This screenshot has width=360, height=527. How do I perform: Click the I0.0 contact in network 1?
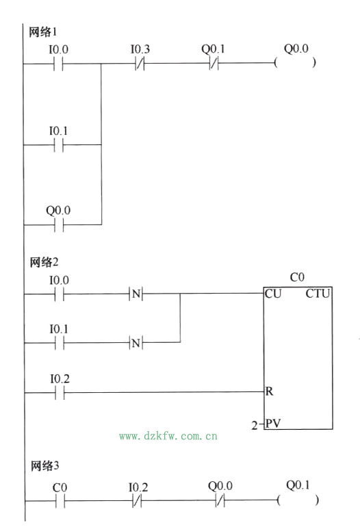click(57, 65)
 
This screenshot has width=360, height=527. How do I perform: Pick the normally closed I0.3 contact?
click(138, 65)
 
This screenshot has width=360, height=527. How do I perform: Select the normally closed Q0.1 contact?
click(213, 65)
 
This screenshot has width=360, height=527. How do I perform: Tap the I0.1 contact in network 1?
click(57, 145)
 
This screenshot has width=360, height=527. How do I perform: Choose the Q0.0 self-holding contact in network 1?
click(57, 224)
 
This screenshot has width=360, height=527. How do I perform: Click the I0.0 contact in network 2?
click(57, 295)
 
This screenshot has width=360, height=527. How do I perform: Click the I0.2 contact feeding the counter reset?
click(57, 393)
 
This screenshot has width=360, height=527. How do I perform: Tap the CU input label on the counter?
click(272, 295)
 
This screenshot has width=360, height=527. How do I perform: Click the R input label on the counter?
click(269, 393)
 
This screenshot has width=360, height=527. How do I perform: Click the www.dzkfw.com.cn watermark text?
click(168, 435)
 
